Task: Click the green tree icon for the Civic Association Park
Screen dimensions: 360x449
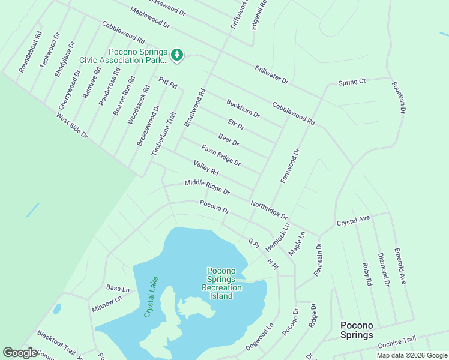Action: tap(176, 55)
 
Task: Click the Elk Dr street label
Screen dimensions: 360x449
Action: tap(236, 124)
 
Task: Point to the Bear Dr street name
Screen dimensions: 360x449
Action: tap(229, 140)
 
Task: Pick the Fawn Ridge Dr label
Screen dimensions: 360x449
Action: tap(221, 155)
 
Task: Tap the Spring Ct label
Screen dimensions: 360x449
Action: tap(352, 82)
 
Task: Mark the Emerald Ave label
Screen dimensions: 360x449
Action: tap(400, 266)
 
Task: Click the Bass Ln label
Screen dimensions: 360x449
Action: tap(118, 288)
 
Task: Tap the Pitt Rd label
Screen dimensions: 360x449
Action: tap(168, 83)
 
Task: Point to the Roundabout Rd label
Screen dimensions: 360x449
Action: tap(30, 52)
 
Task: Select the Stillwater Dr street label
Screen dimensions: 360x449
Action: tap(271, 74)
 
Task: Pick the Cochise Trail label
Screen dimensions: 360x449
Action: tap(397, 343)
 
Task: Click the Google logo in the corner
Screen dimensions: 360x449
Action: tap(20, 353)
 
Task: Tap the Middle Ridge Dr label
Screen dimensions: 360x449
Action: tap(207, 187)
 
